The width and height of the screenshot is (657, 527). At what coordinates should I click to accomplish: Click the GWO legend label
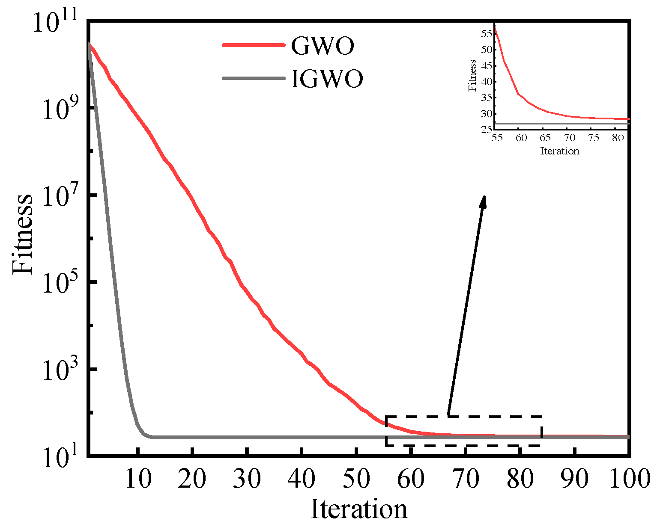[323, 45]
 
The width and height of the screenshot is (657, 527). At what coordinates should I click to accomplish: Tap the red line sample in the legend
[254, 45]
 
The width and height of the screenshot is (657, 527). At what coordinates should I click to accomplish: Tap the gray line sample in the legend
[254, 78]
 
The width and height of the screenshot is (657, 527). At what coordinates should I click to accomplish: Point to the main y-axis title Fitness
[22, 234]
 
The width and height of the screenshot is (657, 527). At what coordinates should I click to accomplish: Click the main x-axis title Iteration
[358, 509]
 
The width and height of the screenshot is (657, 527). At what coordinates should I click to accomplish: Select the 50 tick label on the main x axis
[356, 479]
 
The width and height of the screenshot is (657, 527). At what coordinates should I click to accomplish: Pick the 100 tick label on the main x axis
[630, 479]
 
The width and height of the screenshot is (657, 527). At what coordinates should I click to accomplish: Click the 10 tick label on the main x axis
[138, 479]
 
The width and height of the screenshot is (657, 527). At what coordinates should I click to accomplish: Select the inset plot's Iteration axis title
[559, 151]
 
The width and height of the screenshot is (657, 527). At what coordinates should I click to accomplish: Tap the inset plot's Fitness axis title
[472, 75]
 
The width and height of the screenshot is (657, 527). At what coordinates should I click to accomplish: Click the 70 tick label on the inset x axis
[569, 138]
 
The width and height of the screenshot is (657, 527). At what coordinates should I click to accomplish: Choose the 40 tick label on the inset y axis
[487, 81]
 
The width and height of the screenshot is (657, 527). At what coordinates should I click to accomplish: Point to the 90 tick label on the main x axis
[575, 479]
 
